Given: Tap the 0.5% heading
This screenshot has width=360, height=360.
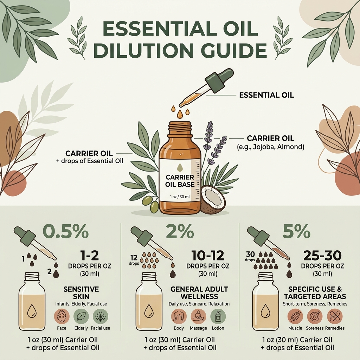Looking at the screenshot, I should [65, 232].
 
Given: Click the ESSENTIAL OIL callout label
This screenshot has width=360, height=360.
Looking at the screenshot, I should [266, 95].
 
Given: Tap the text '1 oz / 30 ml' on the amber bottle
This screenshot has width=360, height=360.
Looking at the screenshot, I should [180, 197].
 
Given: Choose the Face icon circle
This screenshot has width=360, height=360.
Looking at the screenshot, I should [62, 316].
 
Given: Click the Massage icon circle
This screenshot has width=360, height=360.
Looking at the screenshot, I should [198, 316].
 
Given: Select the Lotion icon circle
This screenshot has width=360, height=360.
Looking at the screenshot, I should [218, 316].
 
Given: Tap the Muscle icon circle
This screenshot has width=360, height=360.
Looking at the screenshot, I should [295, 316].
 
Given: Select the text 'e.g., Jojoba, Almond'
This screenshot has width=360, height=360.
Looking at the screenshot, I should [270, 147].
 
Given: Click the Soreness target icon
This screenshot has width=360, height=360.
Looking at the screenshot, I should [315, 316].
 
